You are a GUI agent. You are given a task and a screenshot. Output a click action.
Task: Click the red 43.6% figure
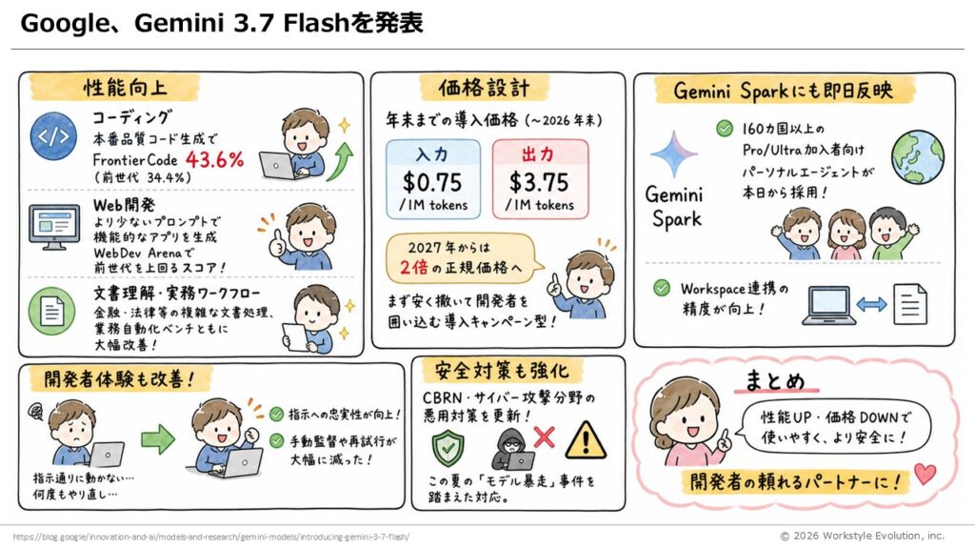214,160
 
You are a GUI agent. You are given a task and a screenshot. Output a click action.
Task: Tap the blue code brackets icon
53,136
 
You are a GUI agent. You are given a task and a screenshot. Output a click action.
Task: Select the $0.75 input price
432,182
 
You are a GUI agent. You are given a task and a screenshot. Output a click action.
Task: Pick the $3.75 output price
539,182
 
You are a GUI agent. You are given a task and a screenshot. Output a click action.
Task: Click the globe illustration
917,156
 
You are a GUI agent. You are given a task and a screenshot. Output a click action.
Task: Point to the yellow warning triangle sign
586,440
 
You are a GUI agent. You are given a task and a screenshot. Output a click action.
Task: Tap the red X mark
544,437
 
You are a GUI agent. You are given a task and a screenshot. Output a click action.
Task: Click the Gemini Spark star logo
674,154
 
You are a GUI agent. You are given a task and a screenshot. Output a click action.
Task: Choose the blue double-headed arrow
871,304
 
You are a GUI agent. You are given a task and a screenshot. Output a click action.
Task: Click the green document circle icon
51,311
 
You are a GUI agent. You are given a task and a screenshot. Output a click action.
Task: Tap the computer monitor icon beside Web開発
54,227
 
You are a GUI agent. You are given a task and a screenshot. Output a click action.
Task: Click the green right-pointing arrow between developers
157,439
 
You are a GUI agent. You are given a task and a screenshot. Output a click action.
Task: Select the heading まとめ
775,380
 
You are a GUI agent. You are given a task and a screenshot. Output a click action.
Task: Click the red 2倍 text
413,267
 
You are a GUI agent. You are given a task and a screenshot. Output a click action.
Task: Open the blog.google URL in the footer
210,537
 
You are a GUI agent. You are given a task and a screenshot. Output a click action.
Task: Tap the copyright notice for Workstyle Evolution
862,536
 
